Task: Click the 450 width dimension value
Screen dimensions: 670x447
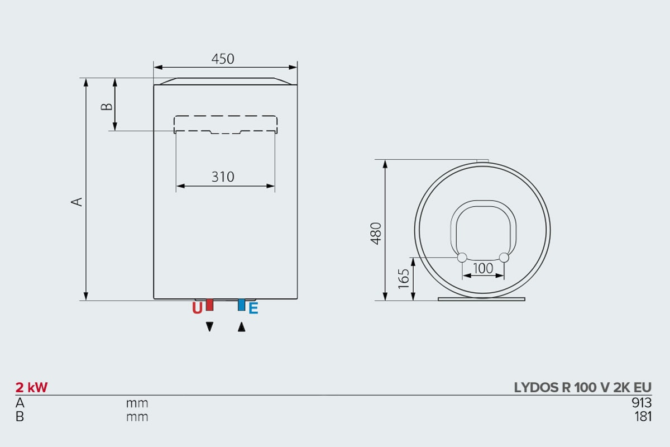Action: [x=223, y=59]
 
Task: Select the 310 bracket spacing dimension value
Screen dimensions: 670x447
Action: [x=223, y=177]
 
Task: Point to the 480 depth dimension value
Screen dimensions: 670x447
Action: [x=376, y=233]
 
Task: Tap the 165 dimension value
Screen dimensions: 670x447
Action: [x=404, y=279]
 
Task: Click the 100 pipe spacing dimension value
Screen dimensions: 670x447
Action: [x=483, y=268]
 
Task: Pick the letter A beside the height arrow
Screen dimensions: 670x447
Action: [x=76, y=202]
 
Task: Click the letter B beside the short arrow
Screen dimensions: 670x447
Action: [x=107, y=107]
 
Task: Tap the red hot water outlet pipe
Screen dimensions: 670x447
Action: [x=210, y=305]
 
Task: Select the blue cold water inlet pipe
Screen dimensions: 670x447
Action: [x=241, y=305]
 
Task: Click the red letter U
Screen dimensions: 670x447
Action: [x=197, y=308]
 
